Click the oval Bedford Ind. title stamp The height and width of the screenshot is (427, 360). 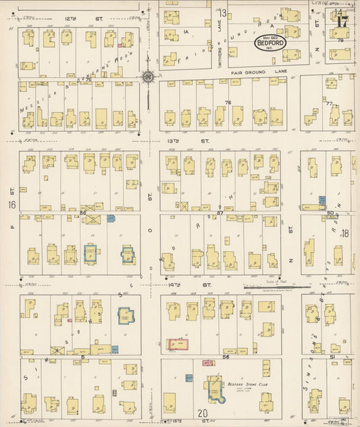(x=270, y=43)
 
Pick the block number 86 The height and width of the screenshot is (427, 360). (x=82, y=213)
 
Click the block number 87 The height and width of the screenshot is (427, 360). (x=220, y=213)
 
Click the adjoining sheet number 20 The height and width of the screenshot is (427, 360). (x=203, y=413)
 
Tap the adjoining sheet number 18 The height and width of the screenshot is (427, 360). (x=344, y=233)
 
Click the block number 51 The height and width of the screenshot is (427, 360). (x=332, y=355)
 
